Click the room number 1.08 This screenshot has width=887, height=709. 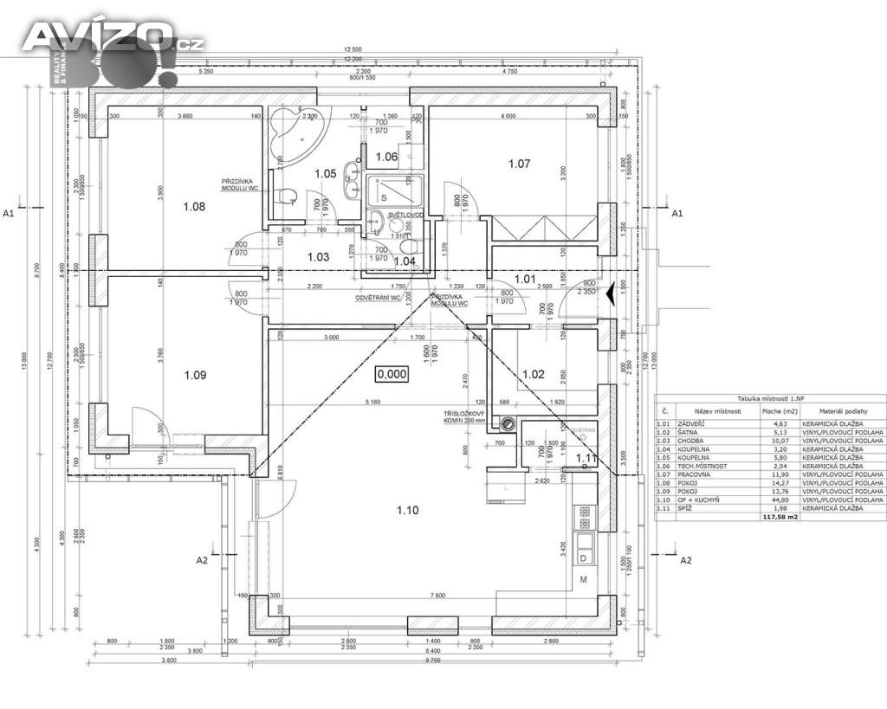(x=194, y=207)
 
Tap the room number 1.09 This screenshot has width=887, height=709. (x=195, y=376)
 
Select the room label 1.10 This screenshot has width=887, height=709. (x=407, y=510)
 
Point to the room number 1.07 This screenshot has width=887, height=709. (x=519, y=163)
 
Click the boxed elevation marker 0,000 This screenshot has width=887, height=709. (x=391, y=374)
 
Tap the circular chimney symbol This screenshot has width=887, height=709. (x=508, y=424)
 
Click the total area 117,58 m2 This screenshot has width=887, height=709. (x=779, y=517)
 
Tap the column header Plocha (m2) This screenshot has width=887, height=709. (x=779, y=411)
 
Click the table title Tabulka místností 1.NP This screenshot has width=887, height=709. (x=771, y=396)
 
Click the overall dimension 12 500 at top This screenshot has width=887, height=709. (x=352, y=49)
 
